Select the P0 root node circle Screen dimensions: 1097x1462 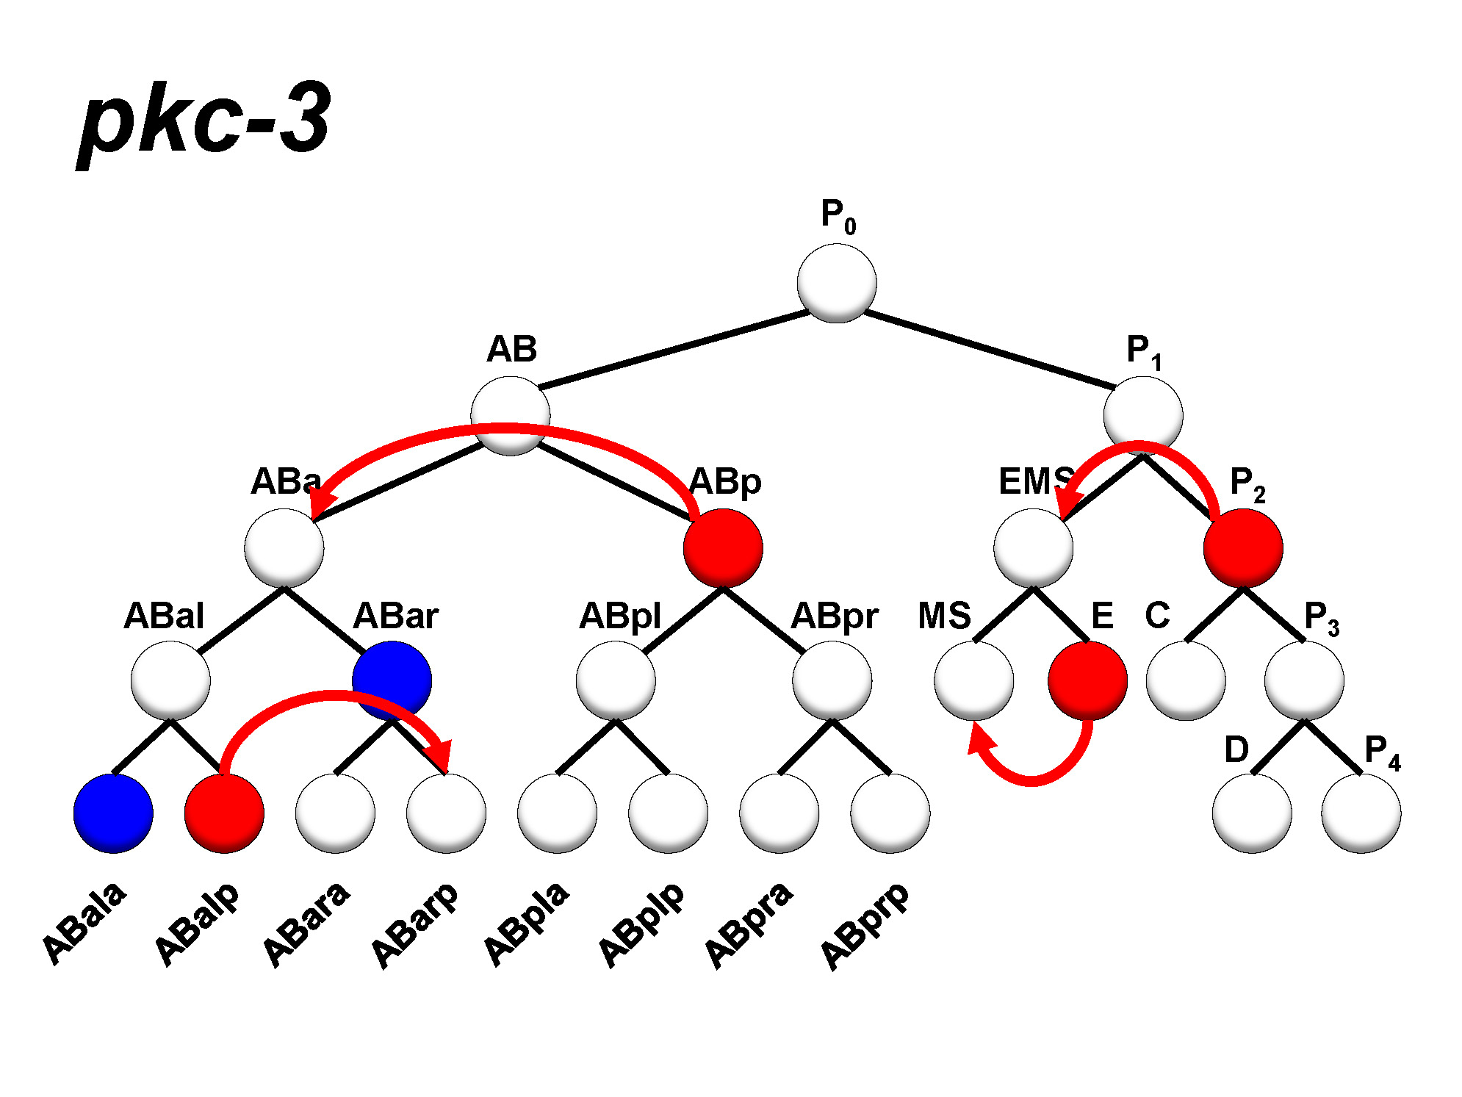click(x=836, y=283)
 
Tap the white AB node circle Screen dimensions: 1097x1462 click(x=510, y=415)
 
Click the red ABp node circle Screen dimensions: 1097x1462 click(x=723, y=548)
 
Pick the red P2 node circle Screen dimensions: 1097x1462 click(x=1243, y=548)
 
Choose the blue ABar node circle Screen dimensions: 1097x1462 click(x=392, y=680)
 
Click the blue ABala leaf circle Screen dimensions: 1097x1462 click(x=113, y=813)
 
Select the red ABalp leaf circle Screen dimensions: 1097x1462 click(x=224, y=813)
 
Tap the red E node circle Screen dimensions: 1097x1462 click(x=1087, y=680)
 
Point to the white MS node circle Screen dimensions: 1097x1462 click(x=973, y=680)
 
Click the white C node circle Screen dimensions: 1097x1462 click(x=1185, y=680)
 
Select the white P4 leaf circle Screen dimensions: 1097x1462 click(x=1361, y=813)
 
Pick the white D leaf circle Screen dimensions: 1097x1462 click(x=1252, y=813)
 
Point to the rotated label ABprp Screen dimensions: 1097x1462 click(x=865, y=926)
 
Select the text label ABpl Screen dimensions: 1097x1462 click(x=620, y=616)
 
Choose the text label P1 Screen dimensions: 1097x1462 click(x=1143, y=351)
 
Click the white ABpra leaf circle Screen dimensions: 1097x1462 click(x=779, y=813)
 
